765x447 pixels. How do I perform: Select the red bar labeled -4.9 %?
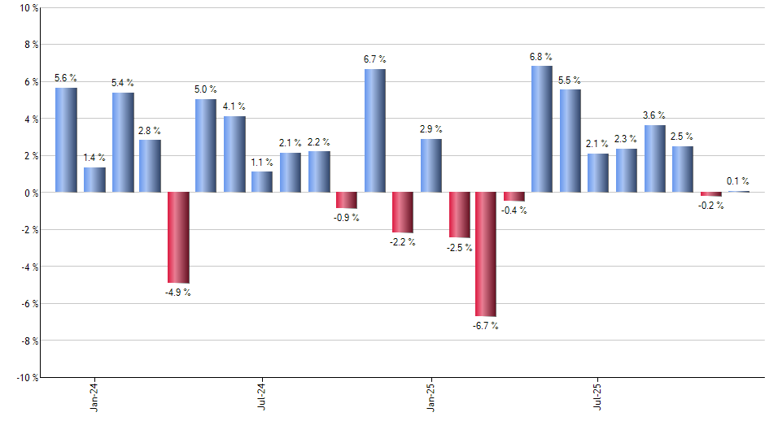pos(178,237)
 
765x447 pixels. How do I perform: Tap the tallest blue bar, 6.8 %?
pos(542,129)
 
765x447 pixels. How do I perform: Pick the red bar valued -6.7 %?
pos(486,254)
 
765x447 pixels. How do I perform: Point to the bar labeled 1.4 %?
pos(94,180)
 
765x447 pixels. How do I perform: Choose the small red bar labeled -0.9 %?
pos(347,200)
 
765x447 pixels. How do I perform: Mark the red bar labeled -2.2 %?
pos(403,212)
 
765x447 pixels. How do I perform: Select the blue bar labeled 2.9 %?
pos(431,166)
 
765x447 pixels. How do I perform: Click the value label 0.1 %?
pos(738,181)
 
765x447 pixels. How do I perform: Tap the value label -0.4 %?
pos(514,210)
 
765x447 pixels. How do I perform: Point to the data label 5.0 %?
pos(206,89)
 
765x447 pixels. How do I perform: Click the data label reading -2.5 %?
pos(459,247)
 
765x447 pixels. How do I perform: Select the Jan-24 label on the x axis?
pos(94,396)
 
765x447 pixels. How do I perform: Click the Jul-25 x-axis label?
pos(598,396)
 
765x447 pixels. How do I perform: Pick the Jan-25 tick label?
pos(431,396)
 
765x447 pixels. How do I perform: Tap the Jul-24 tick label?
pos(262,396)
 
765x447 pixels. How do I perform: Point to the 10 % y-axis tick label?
pos(28,8)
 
